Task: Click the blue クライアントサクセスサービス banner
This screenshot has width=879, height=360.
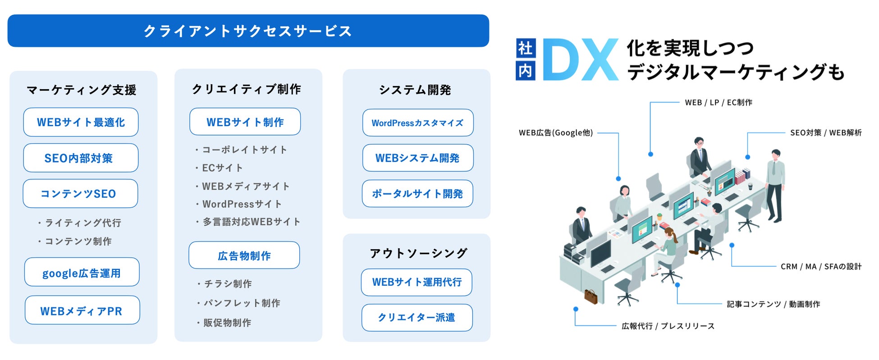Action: point(248,31)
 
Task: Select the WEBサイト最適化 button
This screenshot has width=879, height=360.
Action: point(81,122)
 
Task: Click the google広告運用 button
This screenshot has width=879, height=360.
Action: point(82,273)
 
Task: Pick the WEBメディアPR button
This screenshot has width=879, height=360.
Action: point(82,310)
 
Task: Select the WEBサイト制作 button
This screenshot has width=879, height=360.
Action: point(245,122)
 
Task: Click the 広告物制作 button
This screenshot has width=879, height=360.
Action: point(244,255)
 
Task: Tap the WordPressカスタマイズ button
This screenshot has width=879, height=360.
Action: point(417,123)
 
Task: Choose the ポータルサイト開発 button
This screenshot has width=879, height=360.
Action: point(417,194)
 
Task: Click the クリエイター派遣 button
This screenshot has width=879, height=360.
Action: point(417,318)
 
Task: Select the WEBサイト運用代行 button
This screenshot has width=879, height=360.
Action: point(417,283)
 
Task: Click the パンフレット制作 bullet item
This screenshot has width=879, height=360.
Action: point(241,303)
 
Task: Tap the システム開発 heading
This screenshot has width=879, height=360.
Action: point(415,90)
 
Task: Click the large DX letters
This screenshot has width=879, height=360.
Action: point(580,60)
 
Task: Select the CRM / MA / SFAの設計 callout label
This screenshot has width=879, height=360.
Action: point(820,267)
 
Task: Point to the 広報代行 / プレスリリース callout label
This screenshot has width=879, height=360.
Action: point(668,326)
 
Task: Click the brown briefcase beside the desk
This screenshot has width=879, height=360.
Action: point(591,296)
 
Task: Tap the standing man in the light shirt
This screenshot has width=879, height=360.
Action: point(775,185)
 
